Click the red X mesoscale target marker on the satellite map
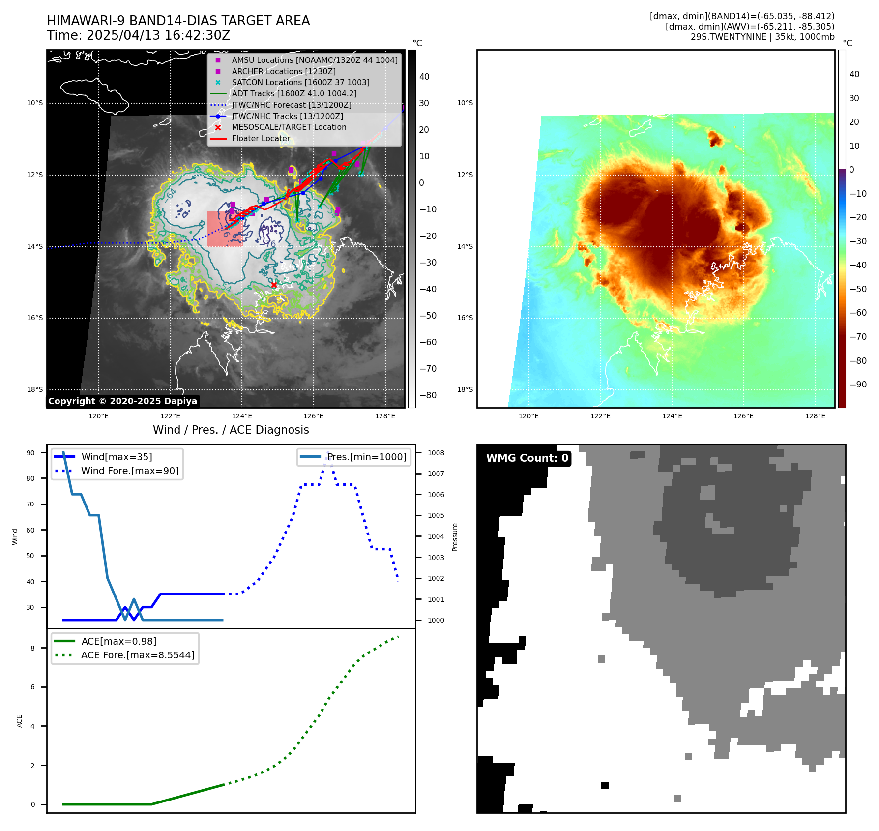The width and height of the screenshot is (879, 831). (x=274, y=285)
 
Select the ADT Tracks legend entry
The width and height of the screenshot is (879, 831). (x=294, y=93)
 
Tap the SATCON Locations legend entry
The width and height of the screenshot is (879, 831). (x=300, y=82)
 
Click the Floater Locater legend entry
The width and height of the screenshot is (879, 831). (x=261, y=138)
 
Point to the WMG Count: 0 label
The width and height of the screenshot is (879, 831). (x=527, y=458)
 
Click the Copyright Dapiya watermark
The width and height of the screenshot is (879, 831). (x=122, y=401)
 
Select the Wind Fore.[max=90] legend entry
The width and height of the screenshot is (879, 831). (x=130, y=471)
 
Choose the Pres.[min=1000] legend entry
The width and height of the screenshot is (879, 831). (x=367, y=457)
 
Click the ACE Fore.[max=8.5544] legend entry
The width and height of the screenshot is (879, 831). (x=138, y=655)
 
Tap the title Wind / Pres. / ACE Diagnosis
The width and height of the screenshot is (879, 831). (x=231, y=430)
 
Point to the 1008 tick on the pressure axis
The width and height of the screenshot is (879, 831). (x=436, y=453)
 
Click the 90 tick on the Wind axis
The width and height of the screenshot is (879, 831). (x=30, y=453)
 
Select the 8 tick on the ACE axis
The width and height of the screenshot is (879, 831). (x=33, y=648)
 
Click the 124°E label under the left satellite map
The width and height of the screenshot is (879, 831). (x=242, y=416)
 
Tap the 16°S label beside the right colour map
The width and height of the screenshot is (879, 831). (x=465, y=318)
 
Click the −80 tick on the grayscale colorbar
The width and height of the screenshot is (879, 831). (x=428, y=395)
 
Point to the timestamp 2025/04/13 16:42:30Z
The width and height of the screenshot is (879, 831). (x=158, y=35)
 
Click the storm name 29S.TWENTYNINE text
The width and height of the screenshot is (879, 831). (x=721, y=37)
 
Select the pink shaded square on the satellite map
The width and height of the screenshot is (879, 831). (x=225, y=229)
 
